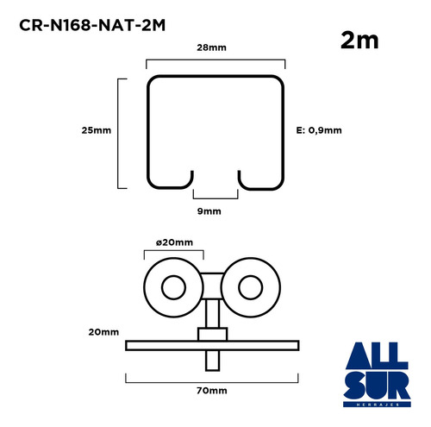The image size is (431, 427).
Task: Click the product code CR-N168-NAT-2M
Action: (92, 25)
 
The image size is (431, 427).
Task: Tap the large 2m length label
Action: (359, 41)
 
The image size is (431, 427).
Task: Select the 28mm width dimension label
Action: (211, 47)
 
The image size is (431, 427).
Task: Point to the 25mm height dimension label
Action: (97, 130)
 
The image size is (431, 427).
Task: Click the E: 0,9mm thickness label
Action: (319, 130)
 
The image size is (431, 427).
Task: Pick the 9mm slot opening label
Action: (209, 211)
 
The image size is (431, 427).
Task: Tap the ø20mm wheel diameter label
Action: (174, 242)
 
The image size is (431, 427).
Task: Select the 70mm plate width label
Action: (212, 391)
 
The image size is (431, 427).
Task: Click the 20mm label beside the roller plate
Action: (103, 332)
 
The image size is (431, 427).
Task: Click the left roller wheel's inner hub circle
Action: (173, 287)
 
